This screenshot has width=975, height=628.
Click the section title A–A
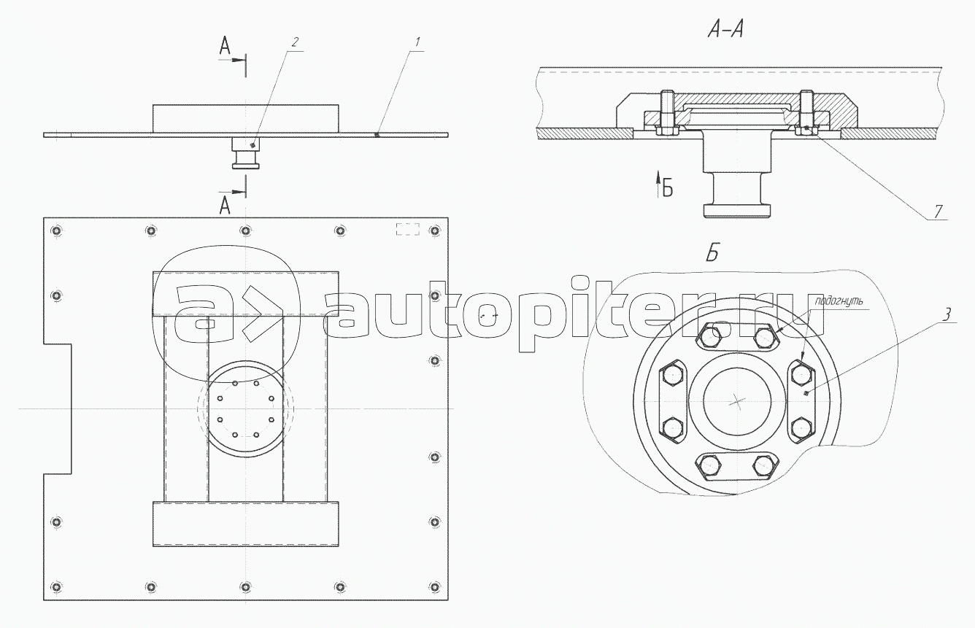coord(725,30)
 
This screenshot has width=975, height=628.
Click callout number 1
coord(417,42)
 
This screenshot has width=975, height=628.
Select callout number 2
coord(295,42)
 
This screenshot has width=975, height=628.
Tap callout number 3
coord(947,315)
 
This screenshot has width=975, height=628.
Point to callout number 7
coord(938,212)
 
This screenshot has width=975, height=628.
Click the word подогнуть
coord(839,301)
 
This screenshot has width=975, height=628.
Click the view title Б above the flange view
coord(712,252)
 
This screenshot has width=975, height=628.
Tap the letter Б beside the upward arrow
coord(668,188)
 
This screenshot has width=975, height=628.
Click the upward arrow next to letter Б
coord(658,185)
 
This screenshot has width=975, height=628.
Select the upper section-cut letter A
coord(225,46)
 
